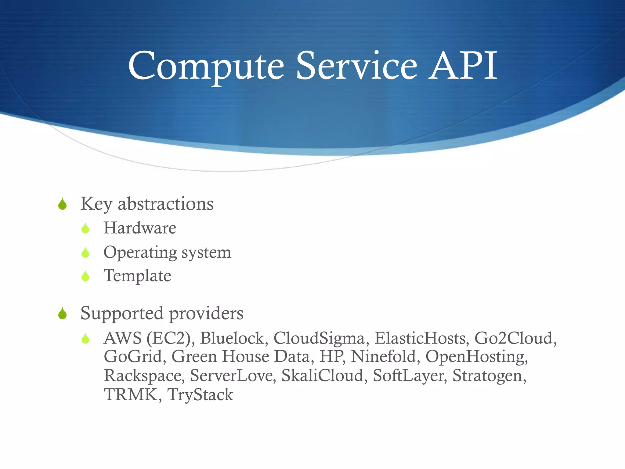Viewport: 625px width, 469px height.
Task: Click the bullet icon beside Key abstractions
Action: point(63,204)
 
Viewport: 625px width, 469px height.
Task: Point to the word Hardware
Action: point(140,228)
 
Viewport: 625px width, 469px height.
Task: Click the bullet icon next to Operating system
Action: point(85,252)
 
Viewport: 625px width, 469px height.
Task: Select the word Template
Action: point(137,276)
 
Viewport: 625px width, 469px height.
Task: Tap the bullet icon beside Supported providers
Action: point(63,314)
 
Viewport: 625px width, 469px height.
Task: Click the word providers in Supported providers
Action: point(206,314)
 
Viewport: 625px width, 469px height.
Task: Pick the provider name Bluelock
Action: point(234,338)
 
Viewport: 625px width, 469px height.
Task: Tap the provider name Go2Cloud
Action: point(515,338)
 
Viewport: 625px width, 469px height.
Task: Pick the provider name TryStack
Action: point(200,395)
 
